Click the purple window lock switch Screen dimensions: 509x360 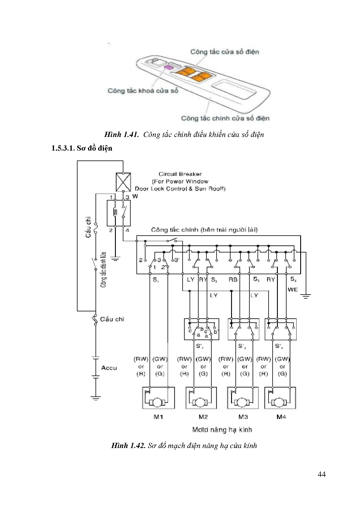[168, 68]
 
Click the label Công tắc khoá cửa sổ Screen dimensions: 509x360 [143, 91]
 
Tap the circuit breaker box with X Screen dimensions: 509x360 [123, 182]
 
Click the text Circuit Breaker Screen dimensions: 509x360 [180, 174]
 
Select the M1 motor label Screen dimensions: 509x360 [158, 417]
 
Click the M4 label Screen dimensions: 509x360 [281, 417]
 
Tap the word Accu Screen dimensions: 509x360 [109, 368]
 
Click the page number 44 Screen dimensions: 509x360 [322, 474]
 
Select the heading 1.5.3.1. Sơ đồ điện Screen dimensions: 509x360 [82, 148]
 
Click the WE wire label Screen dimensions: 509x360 [293, 290]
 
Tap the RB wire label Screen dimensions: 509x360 [233, 279]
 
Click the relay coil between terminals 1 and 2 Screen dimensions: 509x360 [115, 213]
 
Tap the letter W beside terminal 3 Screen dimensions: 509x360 [135, 196]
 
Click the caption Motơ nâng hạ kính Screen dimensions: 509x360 [222, 430]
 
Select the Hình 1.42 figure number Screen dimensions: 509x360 [128, 446]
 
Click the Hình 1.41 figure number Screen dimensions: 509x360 [122, 135]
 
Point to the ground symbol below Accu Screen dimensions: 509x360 [96, 398]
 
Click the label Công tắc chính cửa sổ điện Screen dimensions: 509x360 [225, 118]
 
